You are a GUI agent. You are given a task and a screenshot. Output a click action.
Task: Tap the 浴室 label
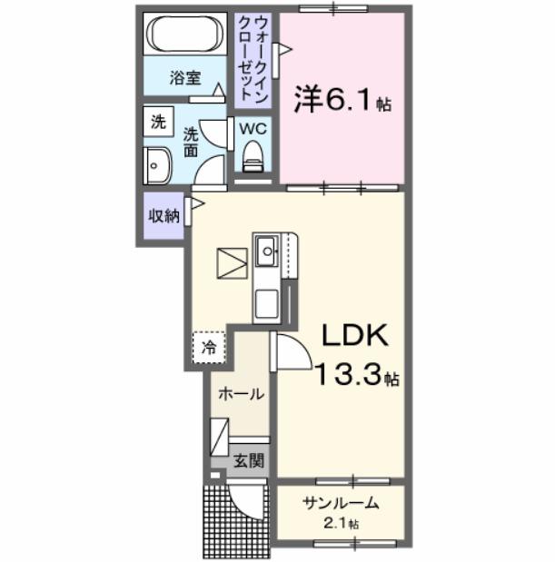click(184, 78)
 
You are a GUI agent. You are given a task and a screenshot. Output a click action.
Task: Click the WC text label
click(252, 128)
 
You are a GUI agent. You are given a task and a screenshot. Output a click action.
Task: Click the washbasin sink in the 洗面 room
click(156, 165)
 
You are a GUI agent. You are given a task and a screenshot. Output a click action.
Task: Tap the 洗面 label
click(192, 141)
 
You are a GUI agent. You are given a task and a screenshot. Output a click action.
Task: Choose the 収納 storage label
click(164, 215)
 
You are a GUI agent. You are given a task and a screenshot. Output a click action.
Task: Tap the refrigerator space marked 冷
click(209, 346)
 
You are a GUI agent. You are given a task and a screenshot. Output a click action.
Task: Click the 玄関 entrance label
click(246, 460)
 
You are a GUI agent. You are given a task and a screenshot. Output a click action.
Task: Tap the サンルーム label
click(341, 504)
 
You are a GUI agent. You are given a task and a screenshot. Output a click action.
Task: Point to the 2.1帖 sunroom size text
click(342, 524)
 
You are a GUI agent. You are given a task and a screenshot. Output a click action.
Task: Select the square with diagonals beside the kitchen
click(232, 263)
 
